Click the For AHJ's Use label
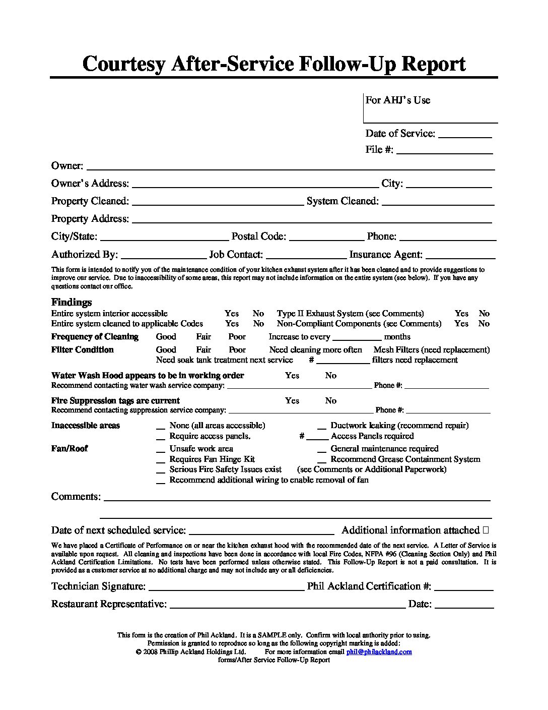(x=398, y=100)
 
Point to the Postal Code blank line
(x=326, y=239)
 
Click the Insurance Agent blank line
(x=460, y=257)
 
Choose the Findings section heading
(x=72, y=302)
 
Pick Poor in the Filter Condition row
(x=237, y=349)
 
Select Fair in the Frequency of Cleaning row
(x=203, y=336)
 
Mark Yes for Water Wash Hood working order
(x=292, y=375)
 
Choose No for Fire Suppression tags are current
(x=330, y=400)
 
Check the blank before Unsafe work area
(x=161, y=449)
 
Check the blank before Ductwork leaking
(x=322, y=426)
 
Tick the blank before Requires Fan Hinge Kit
(x=161, y=460)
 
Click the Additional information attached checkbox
(x=486, y=530)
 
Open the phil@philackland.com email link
(x=379, y=652)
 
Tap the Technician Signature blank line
(x=225, y=588)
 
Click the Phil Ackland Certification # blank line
(x=463, y=588)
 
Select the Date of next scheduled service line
(x=261, y=532)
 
